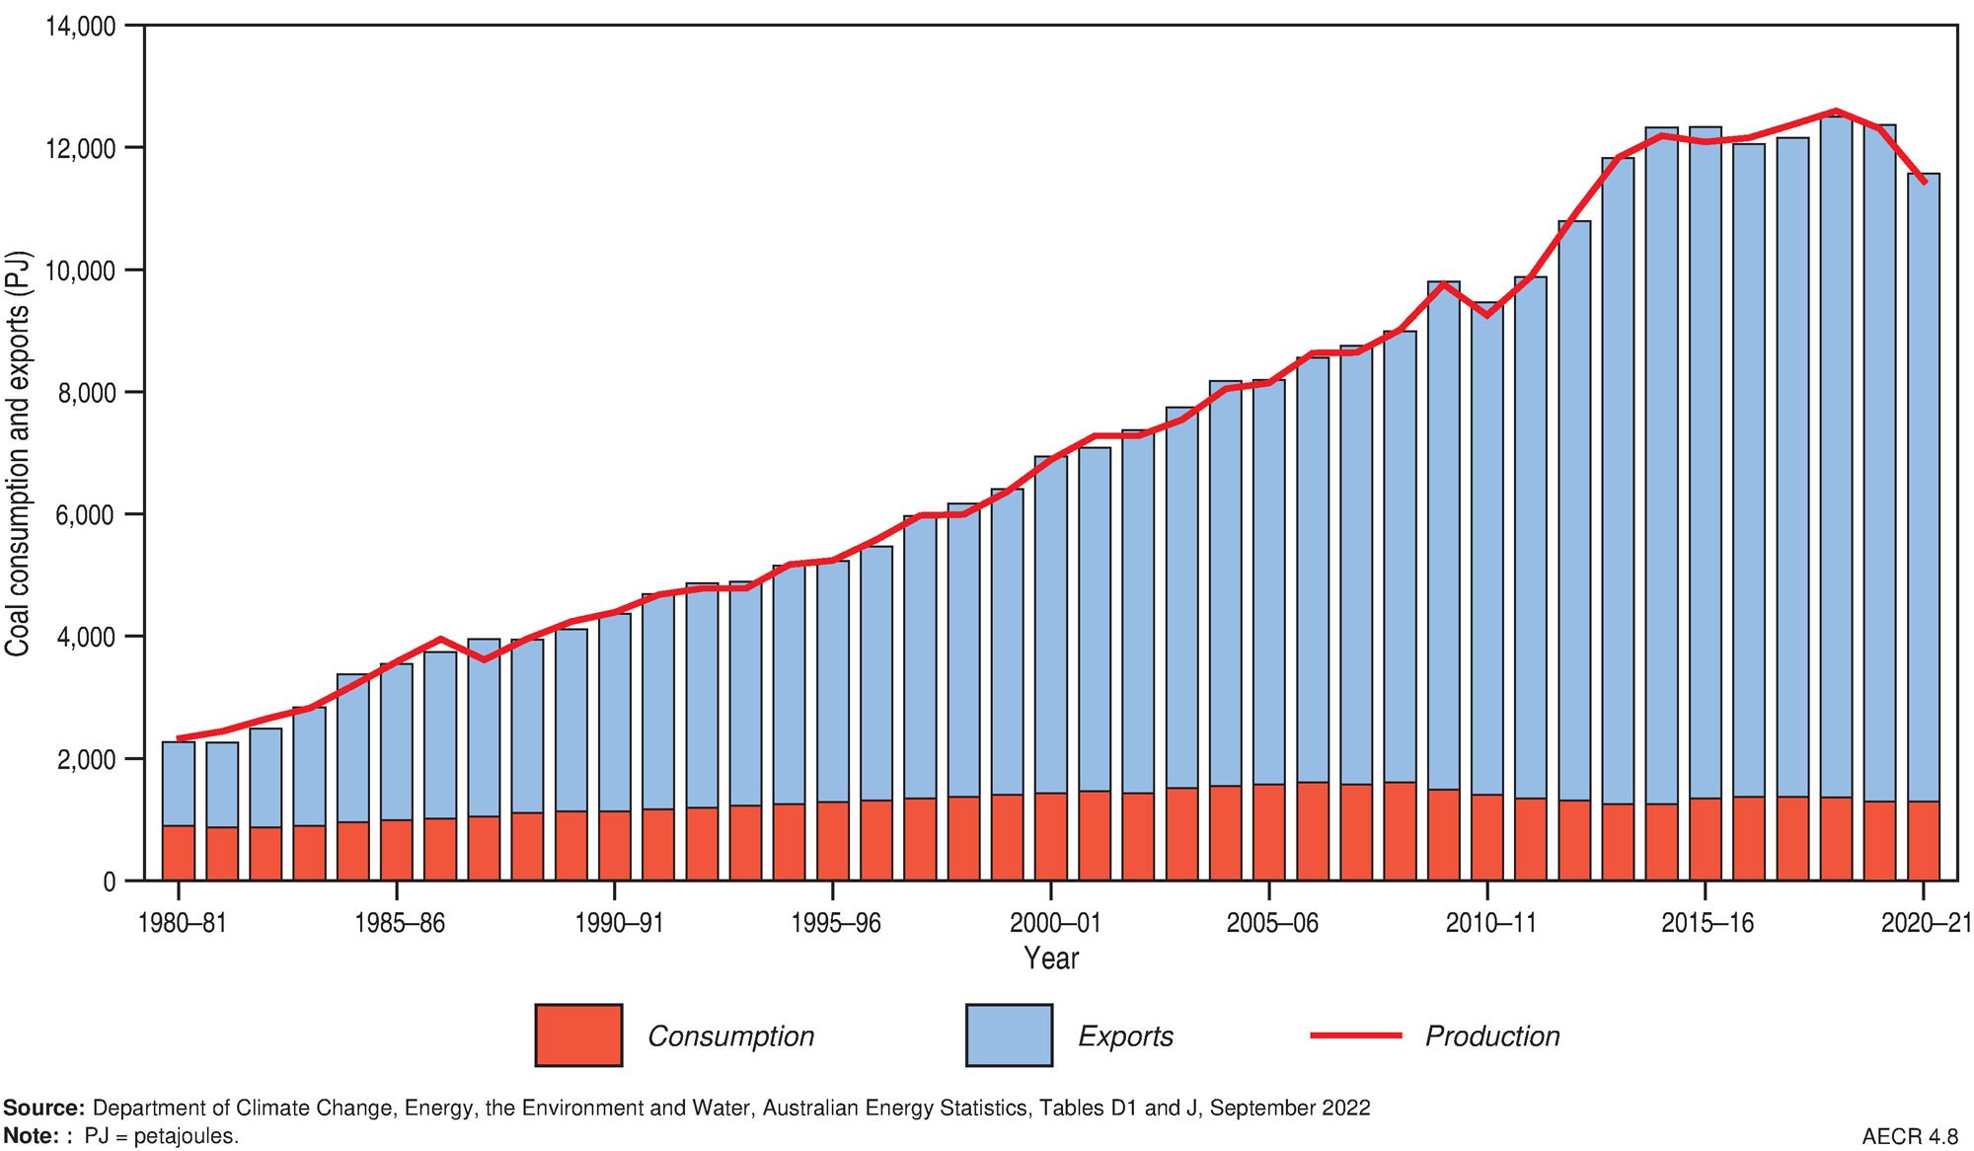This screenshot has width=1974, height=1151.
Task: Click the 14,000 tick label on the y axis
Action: coord(80,27)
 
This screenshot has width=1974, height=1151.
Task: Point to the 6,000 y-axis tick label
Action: coord(87,515)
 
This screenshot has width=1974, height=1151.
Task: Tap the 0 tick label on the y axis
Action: coord(109,882)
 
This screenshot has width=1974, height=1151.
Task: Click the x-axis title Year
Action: coord(1051,958)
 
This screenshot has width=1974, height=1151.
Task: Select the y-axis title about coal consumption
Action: coord(17,454)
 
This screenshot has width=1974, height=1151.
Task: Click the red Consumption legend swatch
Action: coord(578,1036)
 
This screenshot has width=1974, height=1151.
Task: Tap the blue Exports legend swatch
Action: coord(1009,1036)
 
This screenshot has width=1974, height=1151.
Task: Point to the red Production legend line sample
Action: coord(1355,1036)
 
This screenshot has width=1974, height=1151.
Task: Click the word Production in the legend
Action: coord(1492,1036)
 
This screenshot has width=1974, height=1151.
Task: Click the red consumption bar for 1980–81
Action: coord(179,853)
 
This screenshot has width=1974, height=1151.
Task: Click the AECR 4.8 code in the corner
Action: coord(1911,1136)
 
